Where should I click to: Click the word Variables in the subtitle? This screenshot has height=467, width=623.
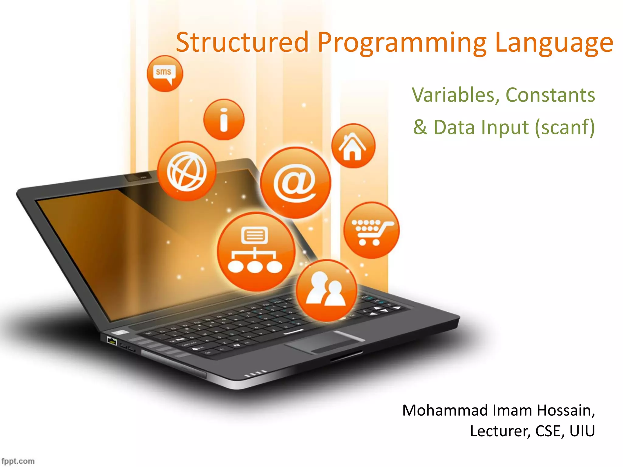pyautogui.click(x=455, y=95)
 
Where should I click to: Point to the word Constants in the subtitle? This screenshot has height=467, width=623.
pyautogui.click(x=550, y=95)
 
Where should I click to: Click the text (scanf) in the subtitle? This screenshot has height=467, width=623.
pyautogui.click(x=565, y=127)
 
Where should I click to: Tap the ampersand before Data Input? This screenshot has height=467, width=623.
pyautogui.click(x=420, y=127)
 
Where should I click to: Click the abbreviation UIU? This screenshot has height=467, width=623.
pyautogui.click(x=582, y=431)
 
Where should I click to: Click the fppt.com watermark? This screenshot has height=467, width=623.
pyautogui.click(x=18, y=461)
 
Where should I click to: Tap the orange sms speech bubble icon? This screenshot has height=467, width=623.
pyautogui.click(x=165, y=74)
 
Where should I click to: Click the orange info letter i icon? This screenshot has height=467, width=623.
pyautogui.click(x=224, y=119)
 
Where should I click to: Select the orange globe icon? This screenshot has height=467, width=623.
pyautogui.click(x=186, y=171)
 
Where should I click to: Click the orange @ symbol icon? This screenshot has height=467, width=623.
pyautogui.click(x=295, y=182)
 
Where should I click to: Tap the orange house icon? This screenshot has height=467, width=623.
pyautogui.click(x=353, y=146)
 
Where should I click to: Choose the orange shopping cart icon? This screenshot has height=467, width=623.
pyautogui.click(x=371, y=230)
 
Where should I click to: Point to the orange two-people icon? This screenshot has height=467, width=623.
pyautogui.click(x=327, y=290)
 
